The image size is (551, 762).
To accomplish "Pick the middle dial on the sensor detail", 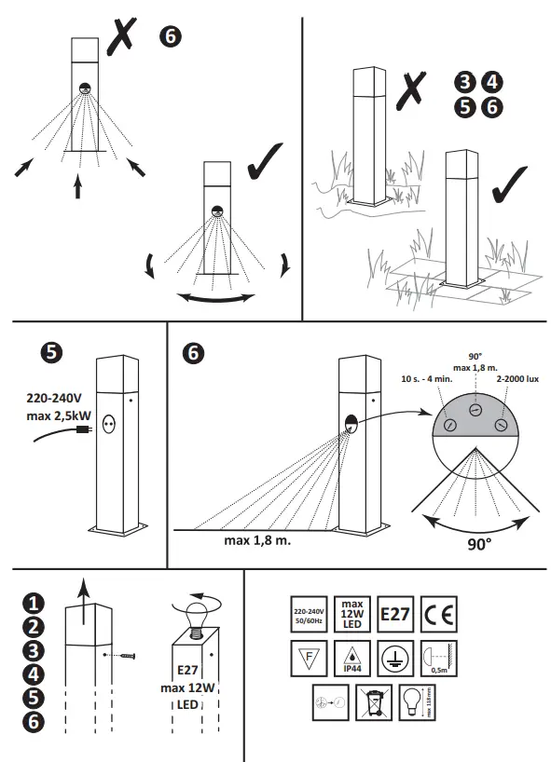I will click(475, 411).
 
